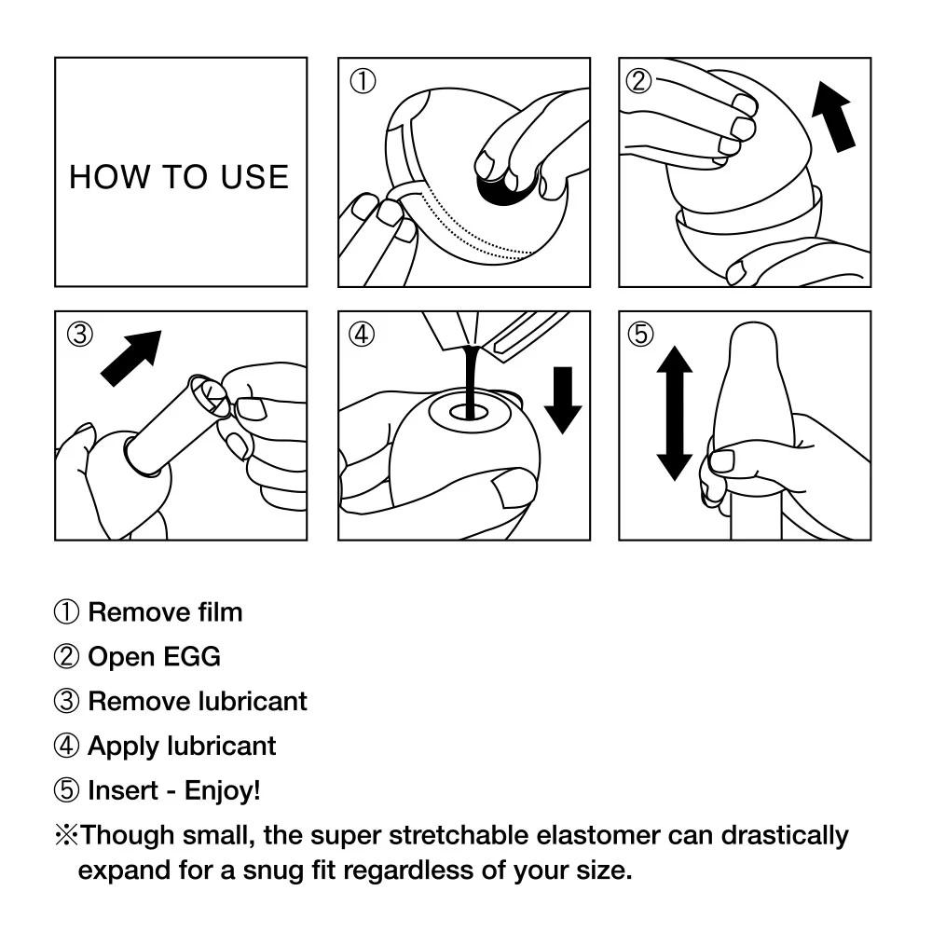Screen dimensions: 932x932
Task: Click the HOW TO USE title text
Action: [179, 176]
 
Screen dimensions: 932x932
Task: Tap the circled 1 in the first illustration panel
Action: [363, 82]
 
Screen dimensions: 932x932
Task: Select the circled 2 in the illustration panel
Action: [638, 81]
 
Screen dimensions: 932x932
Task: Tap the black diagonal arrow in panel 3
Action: [131, 357]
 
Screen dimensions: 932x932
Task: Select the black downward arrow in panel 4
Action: [561, 399]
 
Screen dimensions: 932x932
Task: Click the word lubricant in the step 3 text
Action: [253, 701]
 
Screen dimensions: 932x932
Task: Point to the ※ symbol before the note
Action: [66, 834]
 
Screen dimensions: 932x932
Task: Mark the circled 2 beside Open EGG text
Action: [66, 657]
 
